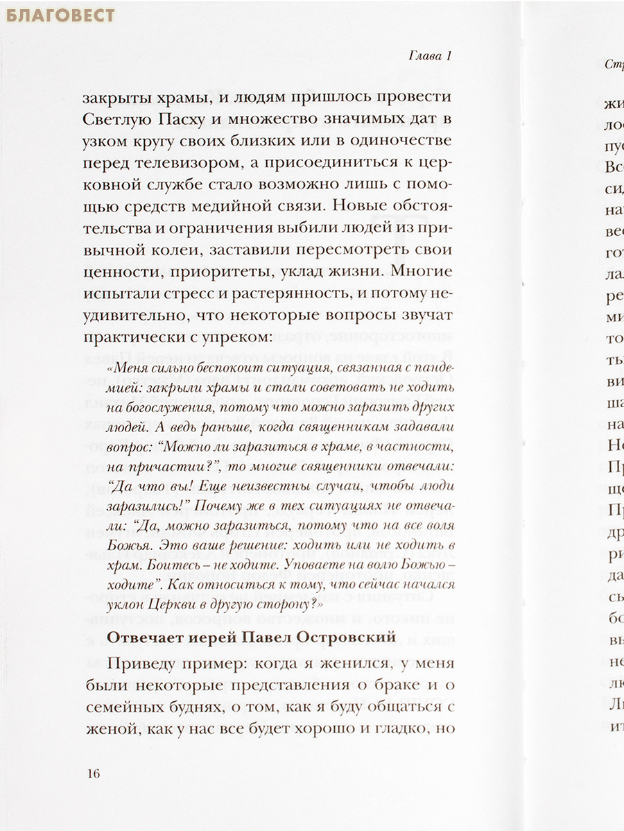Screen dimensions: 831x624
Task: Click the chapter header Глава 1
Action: pos(428,56)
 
